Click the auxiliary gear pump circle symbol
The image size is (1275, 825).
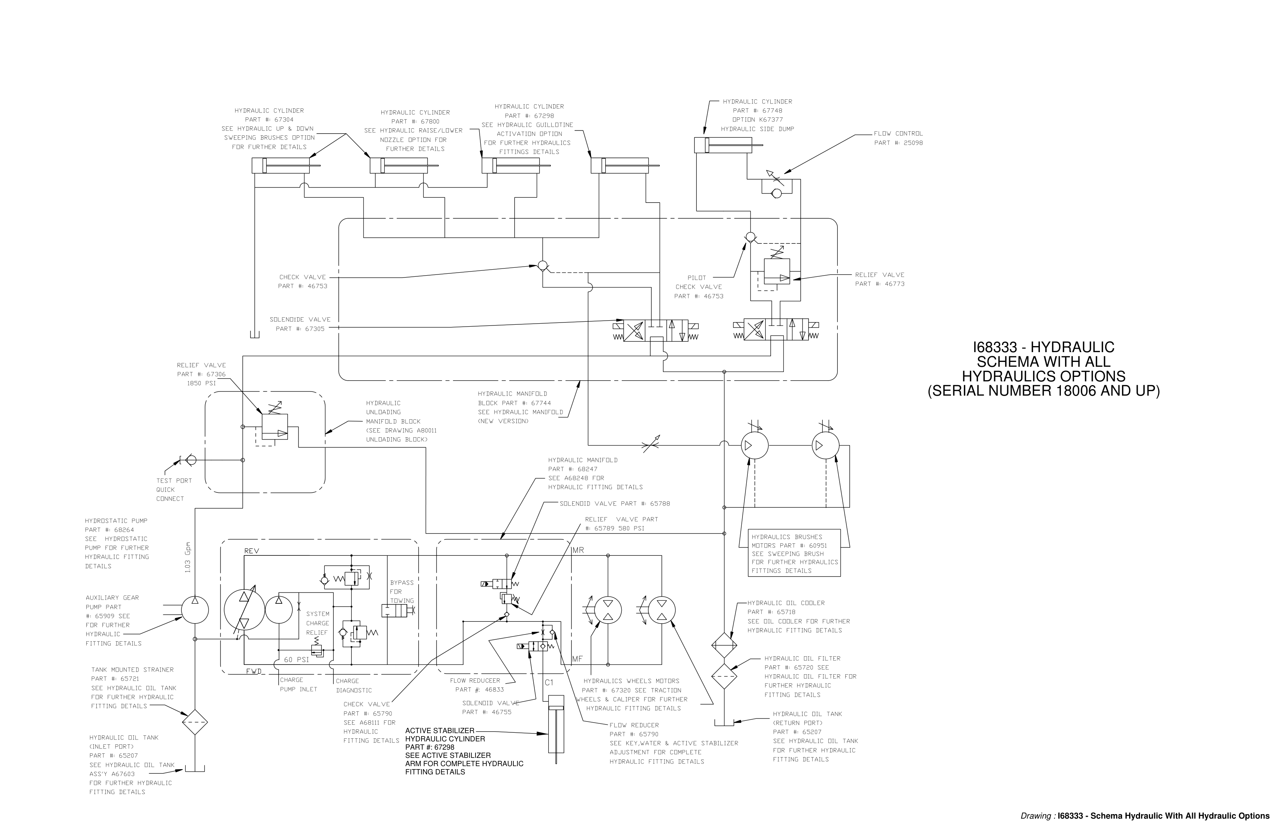[195, 610]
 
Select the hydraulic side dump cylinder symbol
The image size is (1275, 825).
[720, 145]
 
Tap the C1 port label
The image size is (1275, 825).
[549, 682]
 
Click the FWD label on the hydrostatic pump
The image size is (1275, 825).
[253, 671]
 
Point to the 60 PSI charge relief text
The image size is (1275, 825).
[296, 660]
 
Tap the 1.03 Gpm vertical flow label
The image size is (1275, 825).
[187, 557]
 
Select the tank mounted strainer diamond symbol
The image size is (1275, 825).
[195, 722]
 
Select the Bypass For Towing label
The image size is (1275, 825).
[402, 591]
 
